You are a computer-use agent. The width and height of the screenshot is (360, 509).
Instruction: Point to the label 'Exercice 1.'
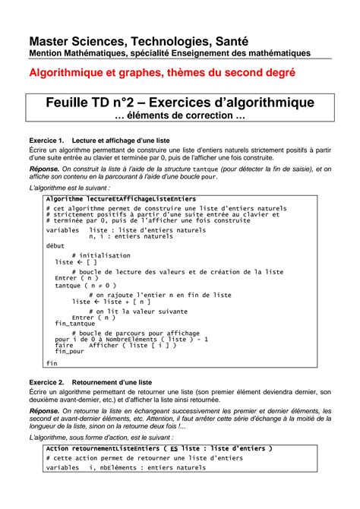pyautogui.click(x=46, y=141)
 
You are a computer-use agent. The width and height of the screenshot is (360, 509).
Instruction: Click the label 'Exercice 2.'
pyautogui.click(x=46, y=382)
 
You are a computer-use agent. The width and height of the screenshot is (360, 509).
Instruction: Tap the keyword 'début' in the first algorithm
pyautogui.click(x=55, y=245)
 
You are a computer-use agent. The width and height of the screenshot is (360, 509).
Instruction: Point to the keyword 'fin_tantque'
pyautogui.click(x=74, y=324)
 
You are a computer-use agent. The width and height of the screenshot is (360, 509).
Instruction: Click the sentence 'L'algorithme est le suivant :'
pyautogui.click(x=69, y=186)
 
